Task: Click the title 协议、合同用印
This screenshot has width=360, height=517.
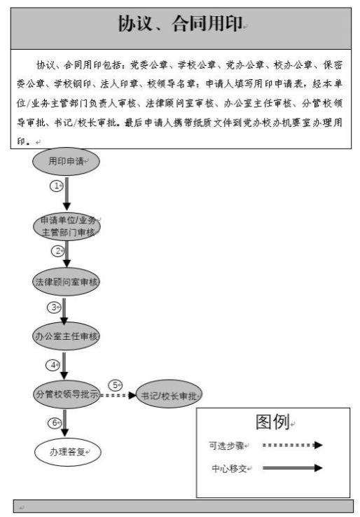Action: (x=180, y=24)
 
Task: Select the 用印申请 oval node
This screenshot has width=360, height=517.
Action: (x=66, y=161)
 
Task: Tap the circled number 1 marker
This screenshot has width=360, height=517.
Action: (x=56, y=186)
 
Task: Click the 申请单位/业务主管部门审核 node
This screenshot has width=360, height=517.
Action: (x=67, y=226)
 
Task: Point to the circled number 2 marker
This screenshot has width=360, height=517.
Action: (x=57, y=251)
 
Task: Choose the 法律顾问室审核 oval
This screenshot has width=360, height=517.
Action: (x=66, y=282)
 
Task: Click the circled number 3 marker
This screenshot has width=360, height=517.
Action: (x=54, y=308)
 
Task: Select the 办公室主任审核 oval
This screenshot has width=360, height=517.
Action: (x=66, y=336)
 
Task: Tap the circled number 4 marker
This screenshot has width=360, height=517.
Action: (x=53, y=365)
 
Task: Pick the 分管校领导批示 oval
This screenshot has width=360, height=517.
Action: (x=67, y=394)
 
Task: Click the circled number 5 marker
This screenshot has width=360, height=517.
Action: (x=115, y=385)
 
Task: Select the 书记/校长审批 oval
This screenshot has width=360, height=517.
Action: (x=169, y=394)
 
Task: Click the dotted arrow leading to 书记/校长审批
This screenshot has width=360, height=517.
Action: (x=118, y=395)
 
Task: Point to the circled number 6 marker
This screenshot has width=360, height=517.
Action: (x=55, y=422)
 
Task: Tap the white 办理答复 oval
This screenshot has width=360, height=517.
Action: (x=67, y=452)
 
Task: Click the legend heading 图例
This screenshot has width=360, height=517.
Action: (x=272, y=422)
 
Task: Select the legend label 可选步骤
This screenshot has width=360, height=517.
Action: (x=226, y=446)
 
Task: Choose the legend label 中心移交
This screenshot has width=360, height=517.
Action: (x=230, y=469)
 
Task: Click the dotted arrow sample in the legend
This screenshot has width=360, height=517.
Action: (x=293, y=445)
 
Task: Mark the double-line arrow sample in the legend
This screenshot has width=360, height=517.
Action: (x=293, y=468)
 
